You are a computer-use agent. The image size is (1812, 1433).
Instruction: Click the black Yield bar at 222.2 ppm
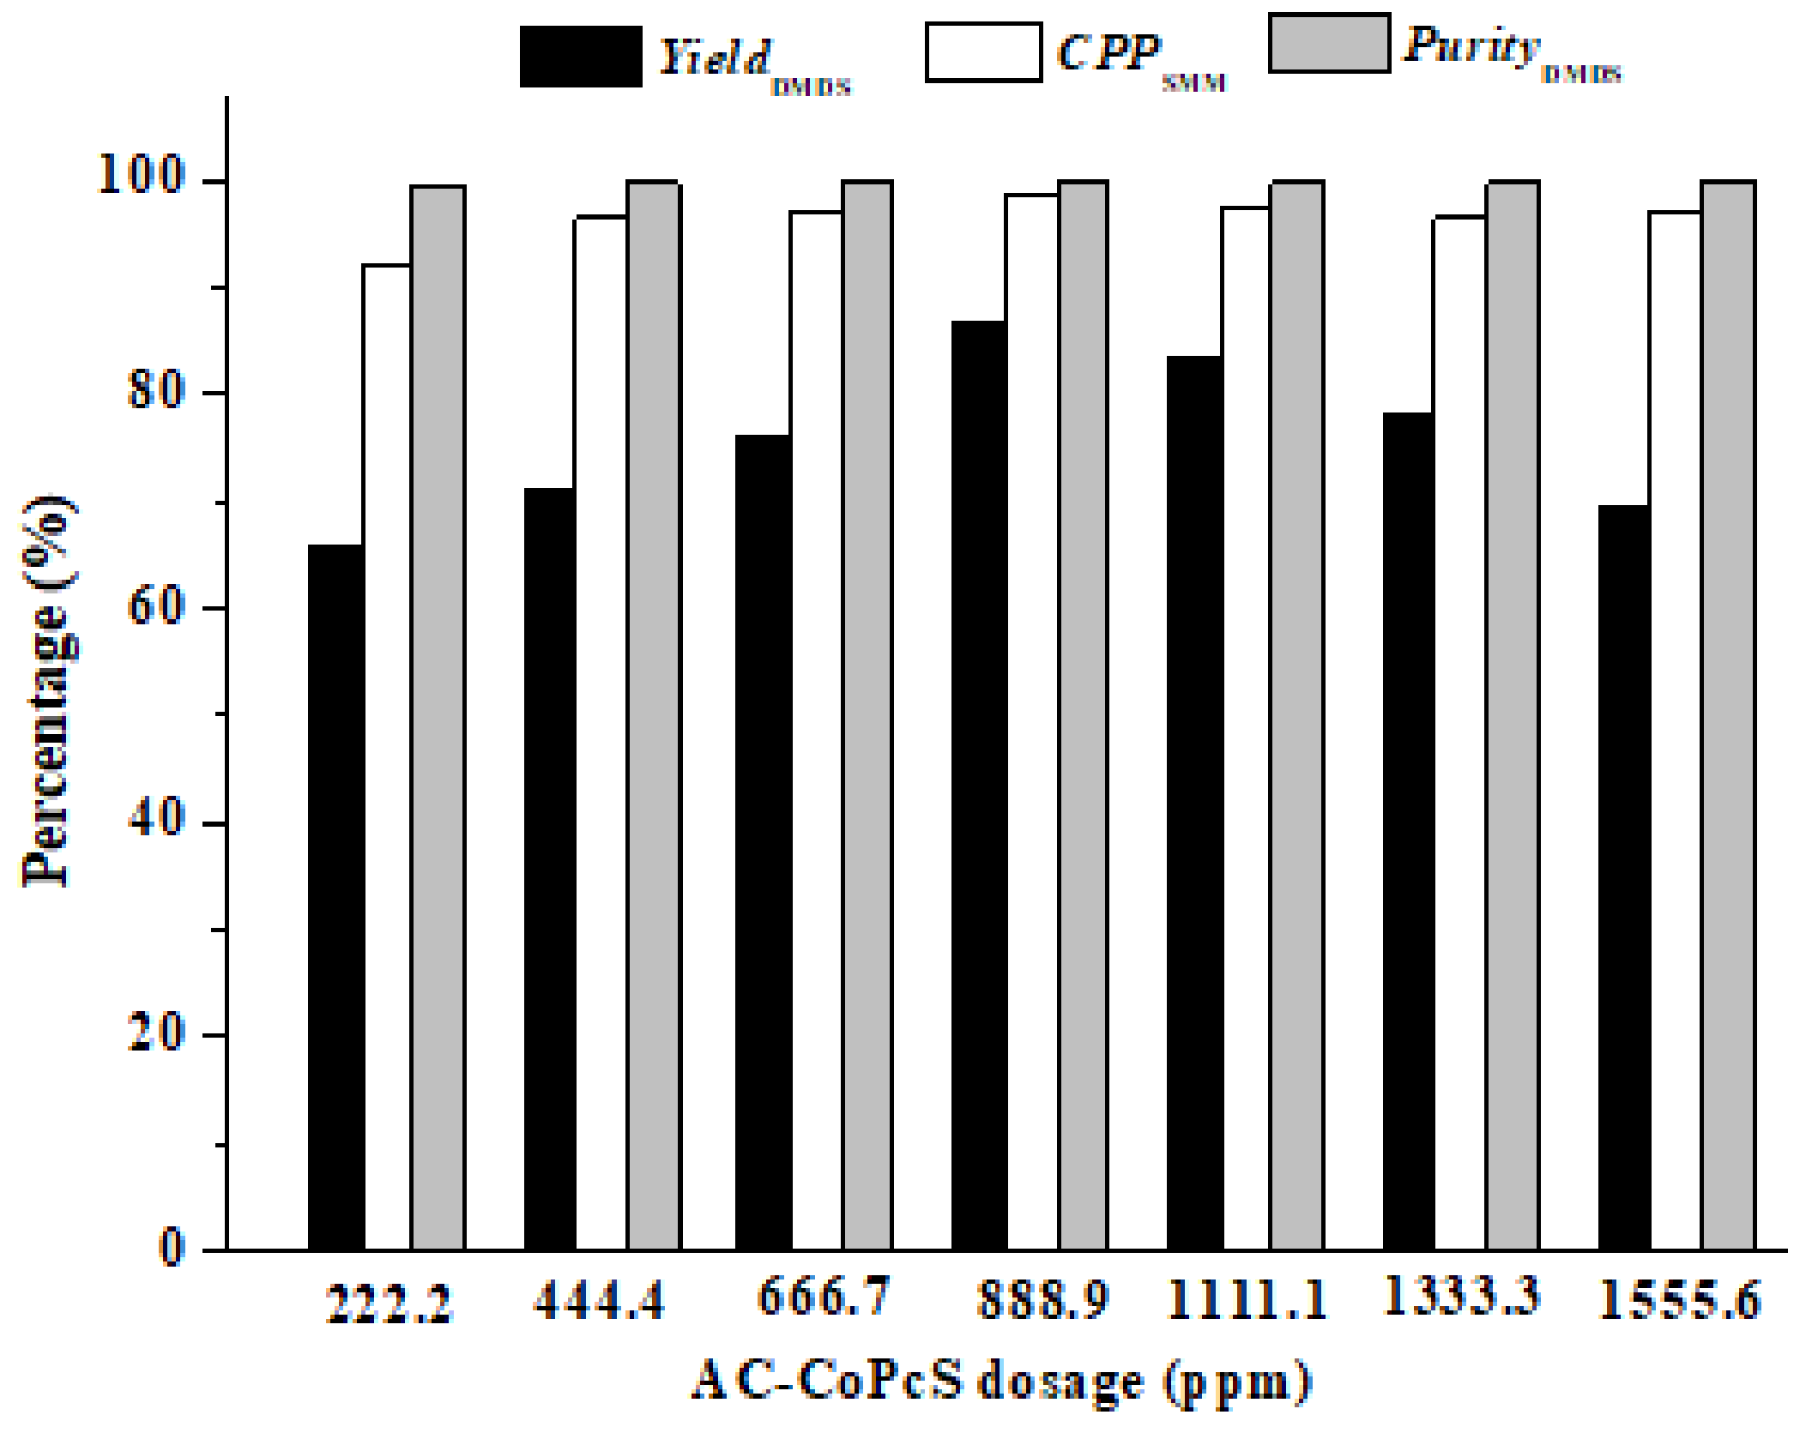click(335, 896)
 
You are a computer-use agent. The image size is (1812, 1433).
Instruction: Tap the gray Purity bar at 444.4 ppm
click(654, 716)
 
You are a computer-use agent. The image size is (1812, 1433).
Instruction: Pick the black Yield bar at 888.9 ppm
click(979, 785)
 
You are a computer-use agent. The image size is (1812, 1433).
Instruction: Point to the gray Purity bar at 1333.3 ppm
click(1513, 716)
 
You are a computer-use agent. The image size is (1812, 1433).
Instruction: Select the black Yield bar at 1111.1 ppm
click(1194, 802)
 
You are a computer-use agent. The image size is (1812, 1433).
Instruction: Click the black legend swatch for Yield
click(581, 57)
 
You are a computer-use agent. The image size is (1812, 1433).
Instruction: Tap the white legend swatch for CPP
click(983, 53)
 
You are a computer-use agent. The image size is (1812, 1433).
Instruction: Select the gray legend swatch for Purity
click(1329, 44)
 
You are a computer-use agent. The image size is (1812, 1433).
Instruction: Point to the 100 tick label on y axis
click(142, 176)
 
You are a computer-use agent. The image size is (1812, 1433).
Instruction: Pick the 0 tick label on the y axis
click(172, 1247)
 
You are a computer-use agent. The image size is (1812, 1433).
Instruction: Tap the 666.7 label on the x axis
click(823, 1297)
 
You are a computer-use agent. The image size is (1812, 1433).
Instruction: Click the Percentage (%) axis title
click(48, 690)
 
